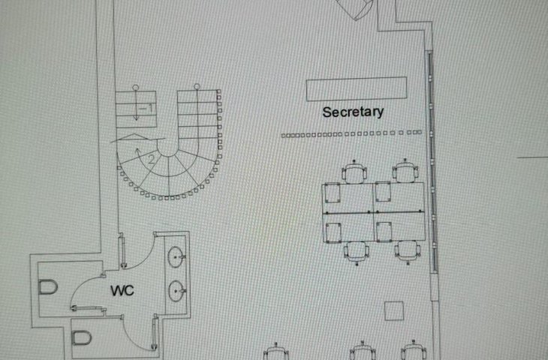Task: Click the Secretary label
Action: tap(353, 112)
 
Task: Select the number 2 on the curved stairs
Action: tap(151, 159)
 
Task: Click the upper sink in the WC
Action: tap(178, 258)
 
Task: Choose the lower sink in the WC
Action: tap(178, 287)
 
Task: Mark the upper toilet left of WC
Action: tap(47, 286)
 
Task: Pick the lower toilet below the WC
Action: tap(80, 338)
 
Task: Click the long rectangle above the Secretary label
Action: tap(357, 88)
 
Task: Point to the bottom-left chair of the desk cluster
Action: tap(355, 251)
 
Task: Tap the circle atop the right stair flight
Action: tap(197, 87)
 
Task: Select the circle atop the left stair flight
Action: tap(134, 87)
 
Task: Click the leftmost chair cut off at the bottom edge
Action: tap(277, 352)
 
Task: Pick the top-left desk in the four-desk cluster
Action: tap(348, 197)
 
